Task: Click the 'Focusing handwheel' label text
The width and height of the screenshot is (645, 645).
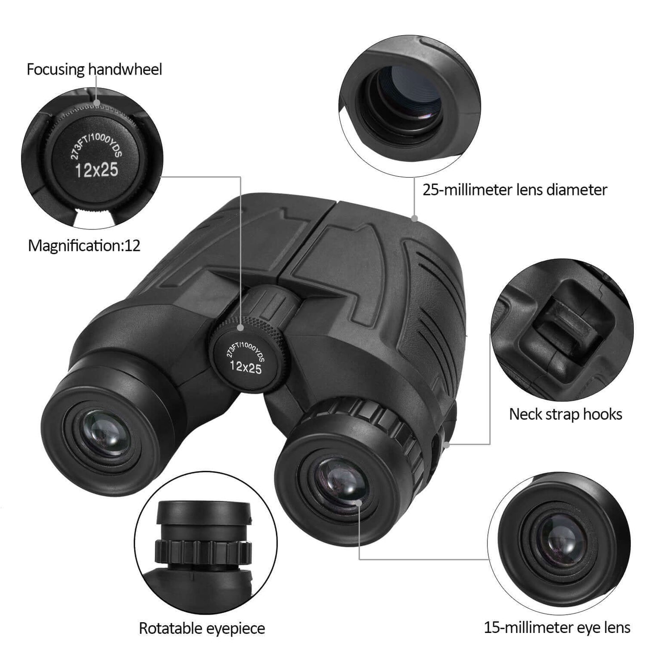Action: click(94, 70)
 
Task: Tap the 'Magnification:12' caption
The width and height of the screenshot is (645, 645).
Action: click(84, 246)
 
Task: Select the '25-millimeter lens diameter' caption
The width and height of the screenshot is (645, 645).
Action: click(514, 190)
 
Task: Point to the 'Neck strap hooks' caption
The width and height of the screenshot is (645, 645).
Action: click(565, 414)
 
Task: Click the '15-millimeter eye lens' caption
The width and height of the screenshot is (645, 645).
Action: click(557, 628)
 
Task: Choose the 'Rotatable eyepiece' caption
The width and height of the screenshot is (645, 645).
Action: click(202, 628)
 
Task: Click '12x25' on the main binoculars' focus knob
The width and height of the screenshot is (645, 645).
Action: click(246, 367)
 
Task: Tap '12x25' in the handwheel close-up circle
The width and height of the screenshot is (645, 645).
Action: click(96, 170)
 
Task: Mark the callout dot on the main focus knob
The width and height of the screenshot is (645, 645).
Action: click(241, 328)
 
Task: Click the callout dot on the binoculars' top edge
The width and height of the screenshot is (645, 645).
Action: click(414, 218)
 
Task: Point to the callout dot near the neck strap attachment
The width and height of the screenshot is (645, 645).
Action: click(447, 444)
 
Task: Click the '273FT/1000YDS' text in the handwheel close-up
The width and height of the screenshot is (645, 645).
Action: click(96, 142)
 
